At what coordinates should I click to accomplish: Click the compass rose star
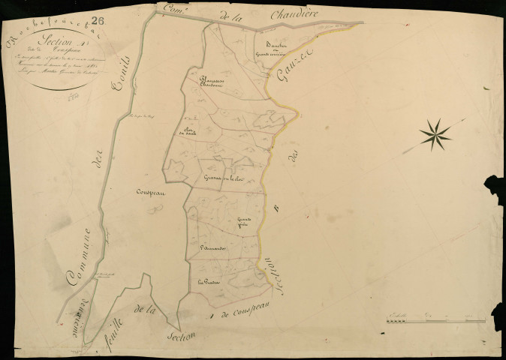pyautogui.click(x=435, y=133)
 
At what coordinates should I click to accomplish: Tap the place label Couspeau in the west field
pyautogui.click(x=151, y=191)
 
